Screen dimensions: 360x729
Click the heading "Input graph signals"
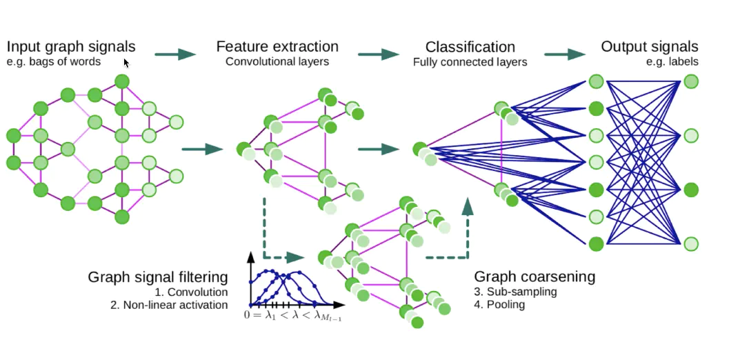click(71, 47)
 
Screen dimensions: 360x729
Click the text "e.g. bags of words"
click(54, 62)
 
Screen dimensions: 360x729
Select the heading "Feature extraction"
click(277, 47)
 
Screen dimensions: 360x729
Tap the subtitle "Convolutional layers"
click(277, 62)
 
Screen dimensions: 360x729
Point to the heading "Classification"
click(470, 47)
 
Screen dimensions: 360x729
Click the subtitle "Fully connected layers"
click(470, 62)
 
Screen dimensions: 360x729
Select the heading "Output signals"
click(649, 47)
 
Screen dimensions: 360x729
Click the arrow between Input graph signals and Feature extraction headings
click(176, 54)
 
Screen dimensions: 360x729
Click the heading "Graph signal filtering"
click(158, 277)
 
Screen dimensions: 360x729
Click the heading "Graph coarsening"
click(535, 277)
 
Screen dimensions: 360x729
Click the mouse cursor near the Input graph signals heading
click(126, 63)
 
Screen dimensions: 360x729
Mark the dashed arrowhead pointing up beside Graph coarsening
click(468, 206)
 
